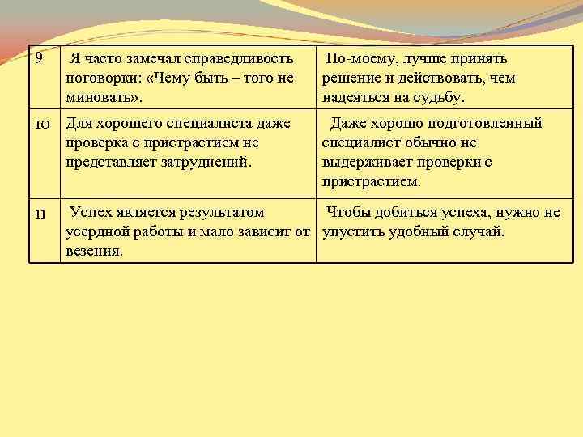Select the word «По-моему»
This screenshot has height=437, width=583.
(x=355, y=59)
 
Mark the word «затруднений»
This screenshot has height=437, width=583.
(x=209, y=161)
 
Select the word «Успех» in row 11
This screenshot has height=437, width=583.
(x=92, y=213)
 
